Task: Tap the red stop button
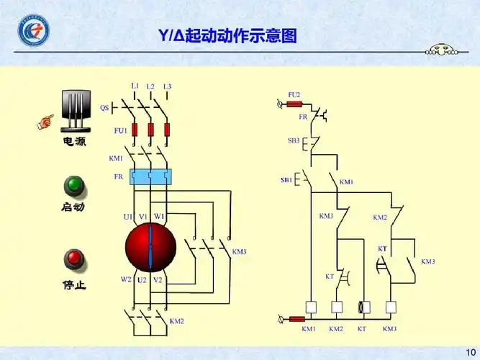pos(73,259)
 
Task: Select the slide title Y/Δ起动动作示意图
pos(227,35)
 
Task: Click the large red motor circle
pos(150,246)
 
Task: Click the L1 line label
pos(135,86)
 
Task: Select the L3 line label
pos(167,86)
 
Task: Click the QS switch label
pos(104,108)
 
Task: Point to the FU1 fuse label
pos(120,131)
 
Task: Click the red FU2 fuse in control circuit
pos(294,104)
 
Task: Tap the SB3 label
pos(294,140)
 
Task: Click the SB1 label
pos(286,179)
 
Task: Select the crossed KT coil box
pos(364,307)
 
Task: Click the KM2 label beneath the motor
pos(176,321)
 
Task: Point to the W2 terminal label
pos(126,279)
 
